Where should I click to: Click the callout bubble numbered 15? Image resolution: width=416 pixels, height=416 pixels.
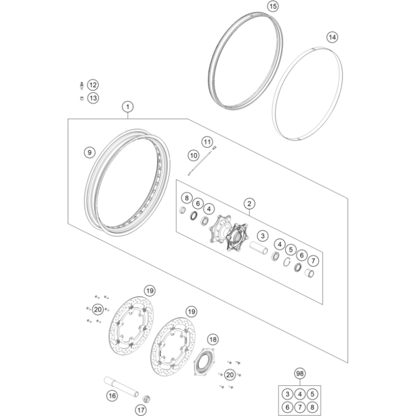(x=273, y=6)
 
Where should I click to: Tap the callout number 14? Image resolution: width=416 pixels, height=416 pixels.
(x=332, y=37)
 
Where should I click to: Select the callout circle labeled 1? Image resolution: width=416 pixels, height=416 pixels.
(x=128, y=107)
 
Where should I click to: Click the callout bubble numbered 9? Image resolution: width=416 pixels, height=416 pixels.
(x=90, y=152)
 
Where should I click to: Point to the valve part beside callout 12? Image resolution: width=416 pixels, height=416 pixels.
(x=82, y=86)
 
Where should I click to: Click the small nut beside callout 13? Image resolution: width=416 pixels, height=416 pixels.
(x=82, y=99)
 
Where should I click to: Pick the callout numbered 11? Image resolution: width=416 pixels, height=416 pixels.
(x=207, y=142)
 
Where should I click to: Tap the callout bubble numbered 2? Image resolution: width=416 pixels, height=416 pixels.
(x=249, y=204)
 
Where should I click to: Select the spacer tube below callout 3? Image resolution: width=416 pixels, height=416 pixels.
(x=259, y=248)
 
